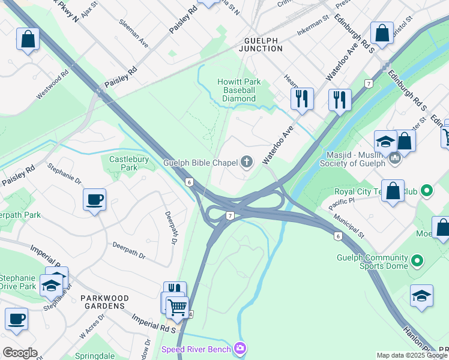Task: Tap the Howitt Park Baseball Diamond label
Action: [x=240, y=90]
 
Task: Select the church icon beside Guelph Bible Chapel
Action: [x=246, y=161]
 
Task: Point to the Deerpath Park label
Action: [x=19, y=215]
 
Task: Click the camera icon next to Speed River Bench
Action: [x=241, y=348]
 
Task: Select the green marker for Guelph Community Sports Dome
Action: [x=417, y=261]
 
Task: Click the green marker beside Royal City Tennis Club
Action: [x=427, y=191]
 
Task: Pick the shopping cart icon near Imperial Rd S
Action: [x=177, y=307]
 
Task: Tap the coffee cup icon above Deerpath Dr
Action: [x=95, y=199]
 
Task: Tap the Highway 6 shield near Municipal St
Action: [x=339, y=236]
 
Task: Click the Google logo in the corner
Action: [x=20, y=353]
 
